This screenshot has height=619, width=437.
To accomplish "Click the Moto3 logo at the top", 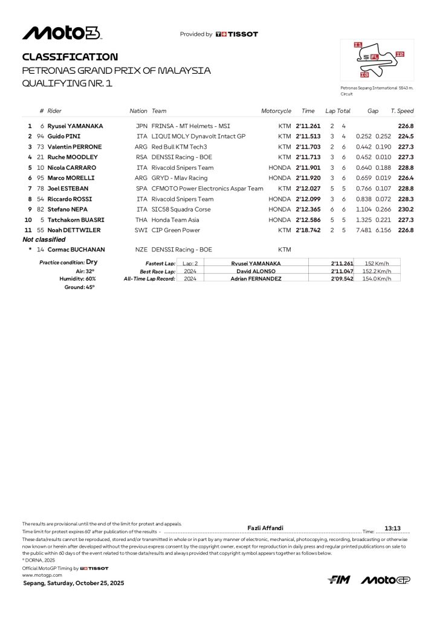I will point(62,33).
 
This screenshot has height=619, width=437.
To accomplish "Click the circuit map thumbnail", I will point(377,60).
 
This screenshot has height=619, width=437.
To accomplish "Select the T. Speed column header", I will point(402,111).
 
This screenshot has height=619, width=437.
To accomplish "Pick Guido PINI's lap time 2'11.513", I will point(308,137).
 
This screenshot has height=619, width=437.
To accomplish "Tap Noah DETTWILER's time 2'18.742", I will point(308,230).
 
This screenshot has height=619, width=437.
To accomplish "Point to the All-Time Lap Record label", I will point(149,279).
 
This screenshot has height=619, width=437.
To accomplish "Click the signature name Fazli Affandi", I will point(266,528).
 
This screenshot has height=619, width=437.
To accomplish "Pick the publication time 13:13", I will point(393,528).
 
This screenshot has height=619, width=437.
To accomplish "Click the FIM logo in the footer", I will point(338,580).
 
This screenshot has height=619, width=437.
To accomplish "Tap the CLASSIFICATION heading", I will point(70,57).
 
